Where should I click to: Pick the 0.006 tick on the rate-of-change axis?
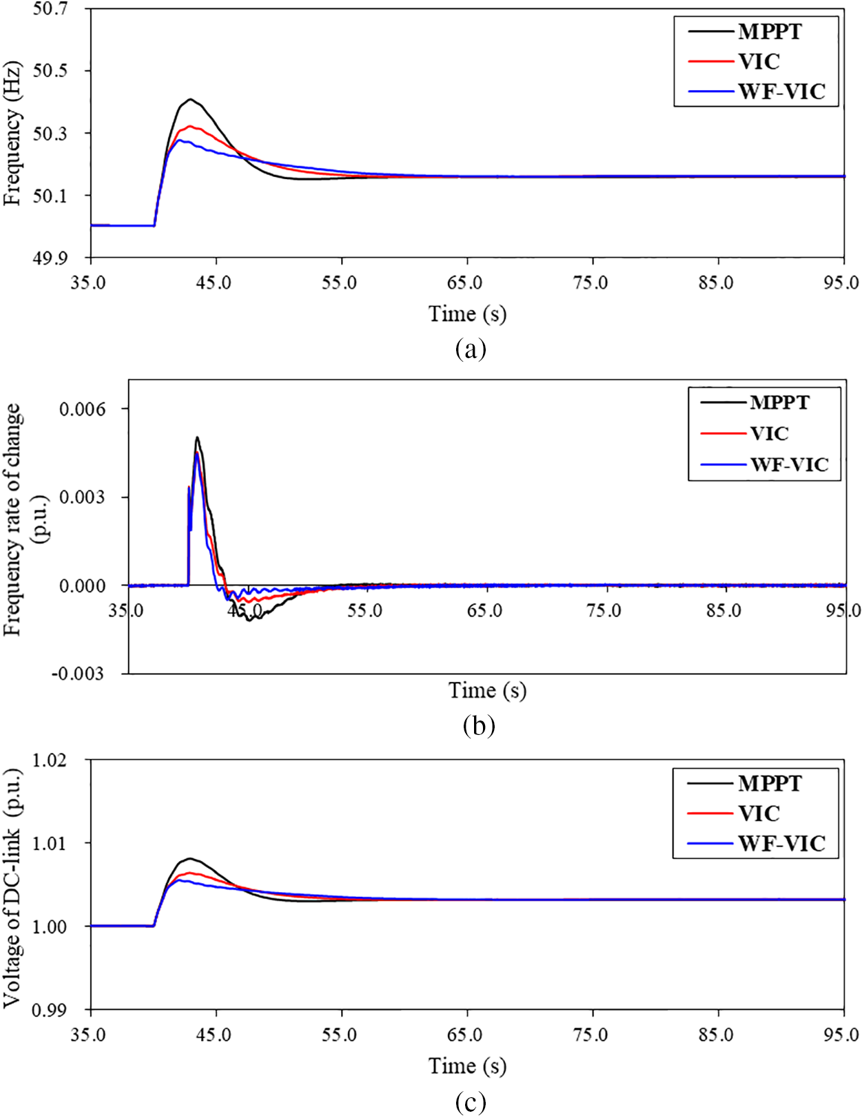coord(83,409)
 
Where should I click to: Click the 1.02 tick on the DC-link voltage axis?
coord(51,760)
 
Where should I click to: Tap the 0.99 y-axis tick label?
coord(51,1010)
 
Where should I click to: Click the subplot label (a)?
coord(471,349)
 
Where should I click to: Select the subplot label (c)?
coord(471,1102)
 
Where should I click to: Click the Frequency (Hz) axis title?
coord(12,133)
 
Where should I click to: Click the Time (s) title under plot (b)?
coord(487,690)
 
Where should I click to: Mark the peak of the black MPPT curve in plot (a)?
coord(190,99)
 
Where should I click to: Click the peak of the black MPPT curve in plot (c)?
coord(189,858)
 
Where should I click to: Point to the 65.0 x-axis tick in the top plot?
coord(465,282)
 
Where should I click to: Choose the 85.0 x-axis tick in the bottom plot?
coord(717,1035)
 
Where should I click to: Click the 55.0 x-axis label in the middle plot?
coord(364,611)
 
